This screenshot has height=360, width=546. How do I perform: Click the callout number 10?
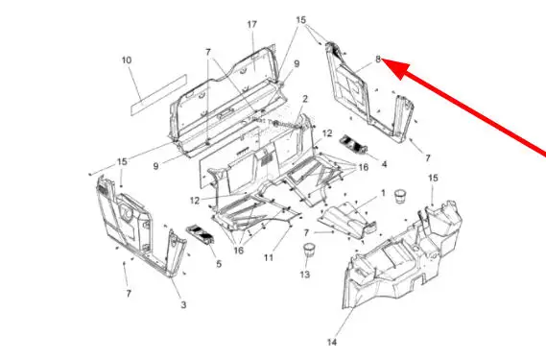point(127,60)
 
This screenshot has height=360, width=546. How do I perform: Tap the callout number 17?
point(252,24)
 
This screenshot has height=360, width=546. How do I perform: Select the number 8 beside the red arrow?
point(378,60)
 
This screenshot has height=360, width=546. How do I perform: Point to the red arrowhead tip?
point(382,60)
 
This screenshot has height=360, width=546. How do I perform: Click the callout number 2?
point(305,99)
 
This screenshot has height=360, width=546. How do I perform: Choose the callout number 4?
point(384,164)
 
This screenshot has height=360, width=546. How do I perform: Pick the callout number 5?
point(219,264)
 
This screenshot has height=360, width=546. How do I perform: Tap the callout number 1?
point(383,193)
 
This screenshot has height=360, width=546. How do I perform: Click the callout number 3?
point(183,305)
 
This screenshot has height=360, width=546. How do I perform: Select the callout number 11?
point(269,257)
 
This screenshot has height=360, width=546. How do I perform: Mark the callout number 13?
point(305,275)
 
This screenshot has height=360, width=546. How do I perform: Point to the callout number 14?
point(332,342)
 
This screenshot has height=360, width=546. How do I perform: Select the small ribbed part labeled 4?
point(353,144)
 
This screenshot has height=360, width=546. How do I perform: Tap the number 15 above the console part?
point(433,179)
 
